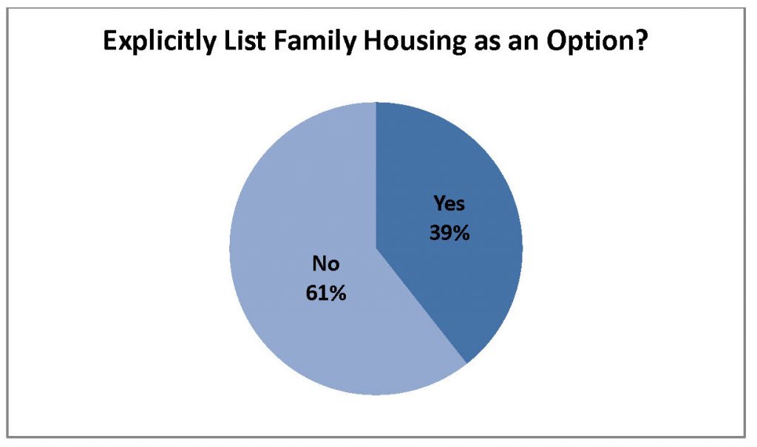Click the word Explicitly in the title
[x=159, y=41]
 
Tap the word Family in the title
[x=314, y=41]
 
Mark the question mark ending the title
[x=639, y=41]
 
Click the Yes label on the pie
[x=449, y=203]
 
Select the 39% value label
[x=449, y=233]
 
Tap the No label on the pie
[x=326, y=264]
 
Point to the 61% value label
[x=326, y=293]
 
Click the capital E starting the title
[x=110, y=41]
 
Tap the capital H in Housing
[x=373, y=41]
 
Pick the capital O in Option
[x=557, y=41]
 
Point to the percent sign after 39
[x=461, y=233]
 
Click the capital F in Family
[x=280, y=41]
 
